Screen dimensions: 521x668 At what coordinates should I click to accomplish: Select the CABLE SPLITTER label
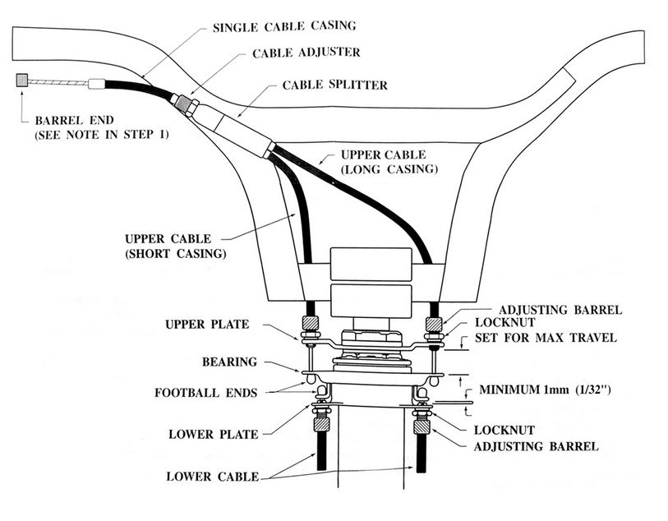click(334, 85)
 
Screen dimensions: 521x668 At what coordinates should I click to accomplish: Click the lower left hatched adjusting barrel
click(320, 425)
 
